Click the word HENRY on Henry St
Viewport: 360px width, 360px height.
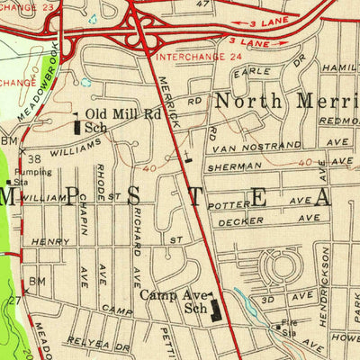coord(50,242)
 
